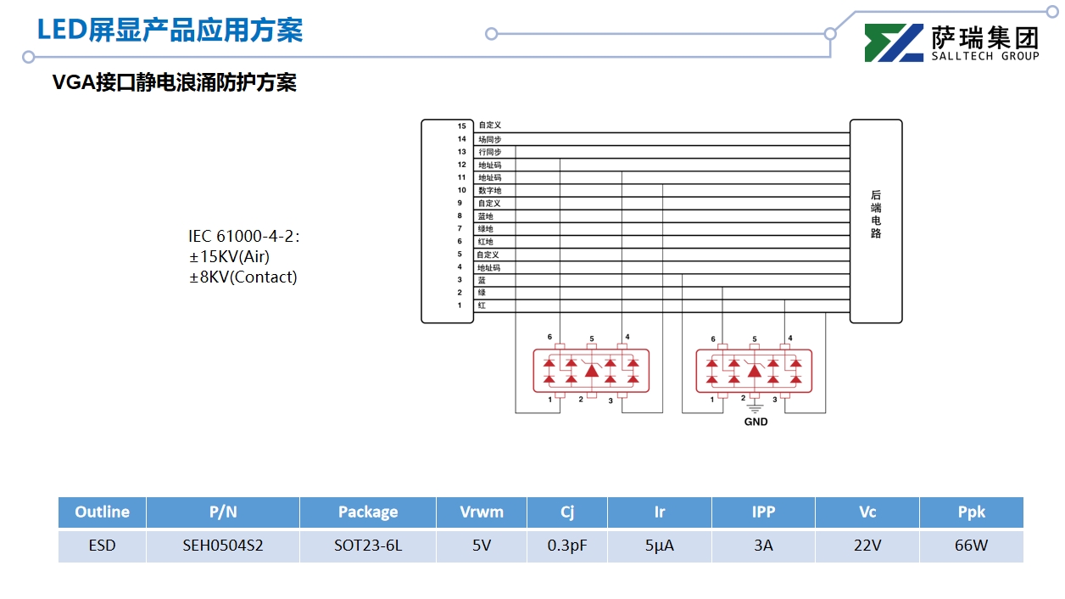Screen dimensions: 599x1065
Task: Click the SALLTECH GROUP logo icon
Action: point(894,43)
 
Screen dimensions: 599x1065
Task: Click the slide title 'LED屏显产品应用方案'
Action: point(170,30)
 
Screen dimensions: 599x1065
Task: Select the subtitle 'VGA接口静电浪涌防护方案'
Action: point(175,83)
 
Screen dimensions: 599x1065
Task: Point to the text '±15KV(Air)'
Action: point(229,256)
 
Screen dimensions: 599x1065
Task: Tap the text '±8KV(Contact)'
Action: point(243,277)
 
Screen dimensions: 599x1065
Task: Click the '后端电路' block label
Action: point(876,214)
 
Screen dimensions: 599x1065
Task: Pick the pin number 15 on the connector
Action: point(461,126)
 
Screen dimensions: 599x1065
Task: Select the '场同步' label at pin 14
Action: point(489,139)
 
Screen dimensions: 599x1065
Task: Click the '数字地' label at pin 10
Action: point(489,191)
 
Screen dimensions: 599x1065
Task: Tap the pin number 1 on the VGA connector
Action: point(460,305)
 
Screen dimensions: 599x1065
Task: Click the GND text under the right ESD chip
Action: point(756,422)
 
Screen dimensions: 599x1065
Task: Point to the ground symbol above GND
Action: point(756,408)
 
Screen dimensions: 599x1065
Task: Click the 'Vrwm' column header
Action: point(481,512)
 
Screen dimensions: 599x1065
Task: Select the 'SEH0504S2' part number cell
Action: point(223,546)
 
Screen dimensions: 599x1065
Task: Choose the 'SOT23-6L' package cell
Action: point(368,546)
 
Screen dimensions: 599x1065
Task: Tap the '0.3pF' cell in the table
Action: point(567,546)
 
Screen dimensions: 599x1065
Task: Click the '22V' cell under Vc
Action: point(867,546)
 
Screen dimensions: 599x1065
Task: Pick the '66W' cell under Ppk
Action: point(971,546)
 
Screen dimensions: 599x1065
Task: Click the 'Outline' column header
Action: point(102,512)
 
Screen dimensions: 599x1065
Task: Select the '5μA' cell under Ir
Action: point(660,546)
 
